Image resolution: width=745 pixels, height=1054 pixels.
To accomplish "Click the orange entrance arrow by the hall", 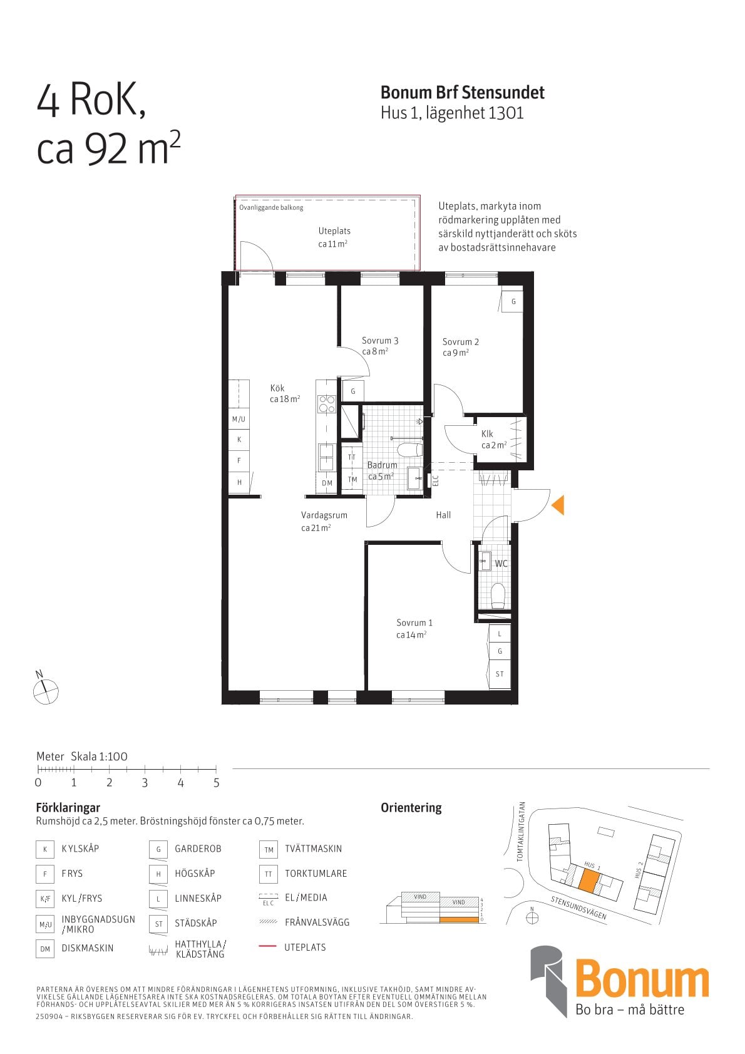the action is (558, 505).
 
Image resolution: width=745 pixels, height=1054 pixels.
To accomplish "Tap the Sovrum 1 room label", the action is (414, 623).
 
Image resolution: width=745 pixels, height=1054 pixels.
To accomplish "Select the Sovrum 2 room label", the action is (460, 341).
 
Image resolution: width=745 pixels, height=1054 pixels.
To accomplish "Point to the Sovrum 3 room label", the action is (380, 340).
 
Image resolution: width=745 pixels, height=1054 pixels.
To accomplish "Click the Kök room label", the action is (277, 388).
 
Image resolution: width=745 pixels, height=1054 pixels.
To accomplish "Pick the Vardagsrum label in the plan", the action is (324, 515).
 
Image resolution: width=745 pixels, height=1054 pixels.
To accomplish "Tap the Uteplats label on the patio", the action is (334, 230).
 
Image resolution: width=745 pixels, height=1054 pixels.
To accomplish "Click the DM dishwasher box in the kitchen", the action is (327, 483).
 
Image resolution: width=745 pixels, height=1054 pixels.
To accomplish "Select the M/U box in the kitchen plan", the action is (239, 419).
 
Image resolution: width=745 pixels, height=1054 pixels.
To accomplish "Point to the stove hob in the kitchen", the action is (326, 404).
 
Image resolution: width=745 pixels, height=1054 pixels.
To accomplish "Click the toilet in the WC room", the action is (497, 595).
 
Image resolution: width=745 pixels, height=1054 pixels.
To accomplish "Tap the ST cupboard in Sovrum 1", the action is (500, 674).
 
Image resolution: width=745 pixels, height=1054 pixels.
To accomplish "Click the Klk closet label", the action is (487, 433).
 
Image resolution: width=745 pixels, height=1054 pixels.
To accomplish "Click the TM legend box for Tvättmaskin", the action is (269, 850).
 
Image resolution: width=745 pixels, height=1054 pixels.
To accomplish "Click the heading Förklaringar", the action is (68, 807).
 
